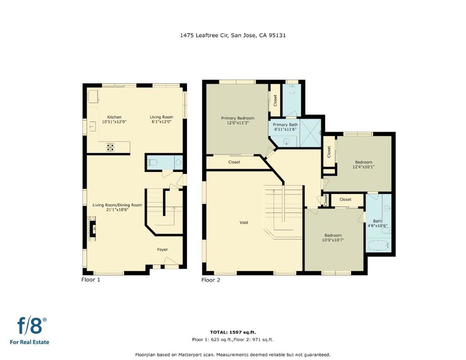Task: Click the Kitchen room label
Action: pyautogui.click(x=114, y=117)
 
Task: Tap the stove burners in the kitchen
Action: pyautogui.click(x=110, y=147)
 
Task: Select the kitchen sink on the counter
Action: pyautogui.click(x=92, y=127)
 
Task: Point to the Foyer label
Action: pyautogui.click(x=162, y=249)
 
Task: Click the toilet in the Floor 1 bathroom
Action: pyautogui.click(x=152, y=162)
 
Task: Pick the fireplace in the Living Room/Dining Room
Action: pyautogui.click(x=92, y=228)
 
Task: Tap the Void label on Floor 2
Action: pyautogui.click(x=244, y=223)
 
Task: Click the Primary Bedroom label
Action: pyautogui.click(x=238, y=118)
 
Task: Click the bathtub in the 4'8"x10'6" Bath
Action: pyautogui.click(x=379, y=246)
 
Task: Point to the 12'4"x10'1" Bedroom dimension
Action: pyautogui.click(x=364, y=167)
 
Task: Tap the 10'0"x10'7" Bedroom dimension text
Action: pyautogui.click(x=333, y=240)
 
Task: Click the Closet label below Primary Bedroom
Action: pyautogui.click(x=234, y=162)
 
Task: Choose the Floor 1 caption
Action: pyautogui.click(x=91, y=279)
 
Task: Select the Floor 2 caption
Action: pyautogui.click(x=211, y=280)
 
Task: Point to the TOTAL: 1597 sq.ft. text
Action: pyautogui.click(x=233, y=332)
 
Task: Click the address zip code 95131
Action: pyautogui.click(x=277, y=35)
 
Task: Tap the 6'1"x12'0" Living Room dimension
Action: pyautogui.click(x=161, y=122)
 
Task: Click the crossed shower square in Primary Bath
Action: pyautogui.click(x=310, y=133)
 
